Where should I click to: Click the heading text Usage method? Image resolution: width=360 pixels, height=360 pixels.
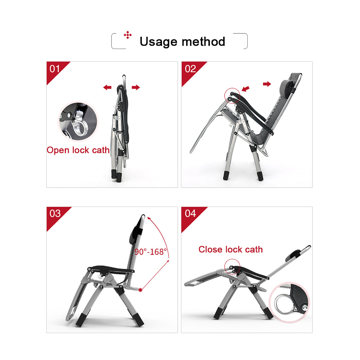(182, 42)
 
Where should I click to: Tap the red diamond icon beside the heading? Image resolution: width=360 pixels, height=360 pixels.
(128, 35)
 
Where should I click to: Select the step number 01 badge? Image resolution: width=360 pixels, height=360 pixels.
(55, 69)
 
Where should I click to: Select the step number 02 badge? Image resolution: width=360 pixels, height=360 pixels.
(190, 69)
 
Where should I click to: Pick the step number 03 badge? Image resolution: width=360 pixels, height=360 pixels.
(55, 213)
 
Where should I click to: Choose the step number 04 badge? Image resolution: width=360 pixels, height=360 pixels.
(190, 213)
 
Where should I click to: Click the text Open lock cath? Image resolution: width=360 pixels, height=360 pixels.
(78, 150)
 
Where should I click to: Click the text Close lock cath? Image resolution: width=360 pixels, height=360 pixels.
(230, 249)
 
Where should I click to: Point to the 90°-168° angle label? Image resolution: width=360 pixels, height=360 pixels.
(150, 252)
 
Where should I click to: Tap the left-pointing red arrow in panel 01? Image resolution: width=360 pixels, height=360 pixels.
(107, 87)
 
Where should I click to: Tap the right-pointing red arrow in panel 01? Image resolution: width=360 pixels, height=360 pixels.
(136, 87)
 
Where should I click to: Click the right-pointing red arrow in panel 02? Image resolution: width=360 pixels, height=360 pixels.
(267, 84)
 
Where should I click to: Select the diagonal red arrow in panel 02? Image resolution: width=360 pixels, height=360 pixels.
(246, 89)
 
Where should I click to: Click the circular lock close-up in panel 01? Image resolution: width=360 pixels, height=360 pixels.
(78, 121)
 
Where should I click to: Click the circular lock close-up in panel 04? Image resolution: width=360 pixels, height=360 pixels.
(289, 302)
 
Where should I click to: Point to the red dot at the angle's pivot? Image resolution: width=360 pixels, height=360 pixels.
(140, 290)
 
